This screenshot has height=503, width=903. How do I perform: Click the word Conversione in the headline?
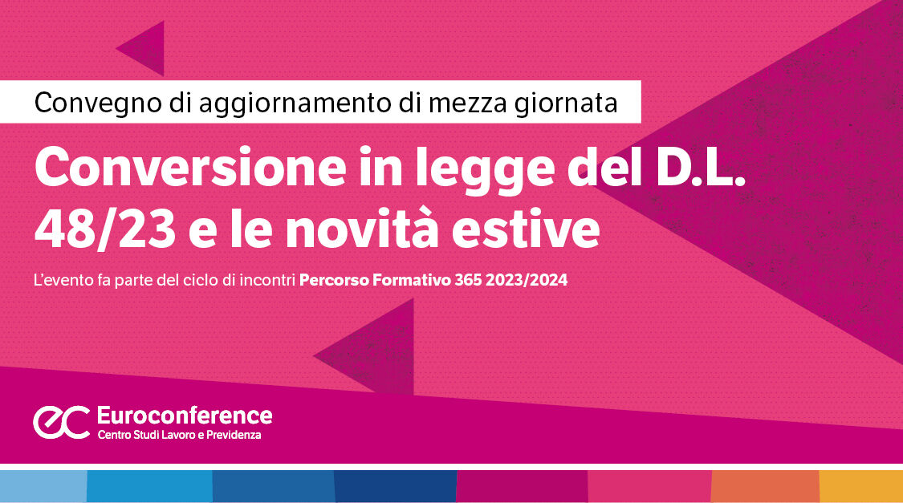190,167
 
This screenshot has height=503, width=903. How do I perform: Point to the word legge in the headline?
485,170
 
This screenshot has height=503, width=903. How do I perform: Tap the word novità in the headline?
362,229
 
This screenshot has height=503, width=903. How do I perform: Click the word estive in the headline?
525,229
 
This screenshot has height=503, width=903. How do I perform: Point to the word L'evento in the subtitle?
63,280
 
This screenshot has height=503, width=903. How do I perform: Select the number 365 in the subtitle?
468,280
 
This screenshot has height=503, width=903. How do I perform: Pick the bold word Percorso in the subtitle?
334,280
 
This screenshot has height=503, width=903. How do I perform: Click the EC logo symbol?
62,422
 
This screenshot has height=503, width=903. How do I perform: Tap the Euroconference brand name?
185,415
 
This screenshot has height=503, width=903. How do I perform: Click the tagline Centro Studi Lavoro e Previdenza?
179,435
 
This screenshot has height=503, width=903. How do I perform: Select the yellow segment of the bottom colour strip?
861,486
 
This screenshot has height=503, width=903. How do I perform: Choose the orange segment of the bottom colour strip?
766,486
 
